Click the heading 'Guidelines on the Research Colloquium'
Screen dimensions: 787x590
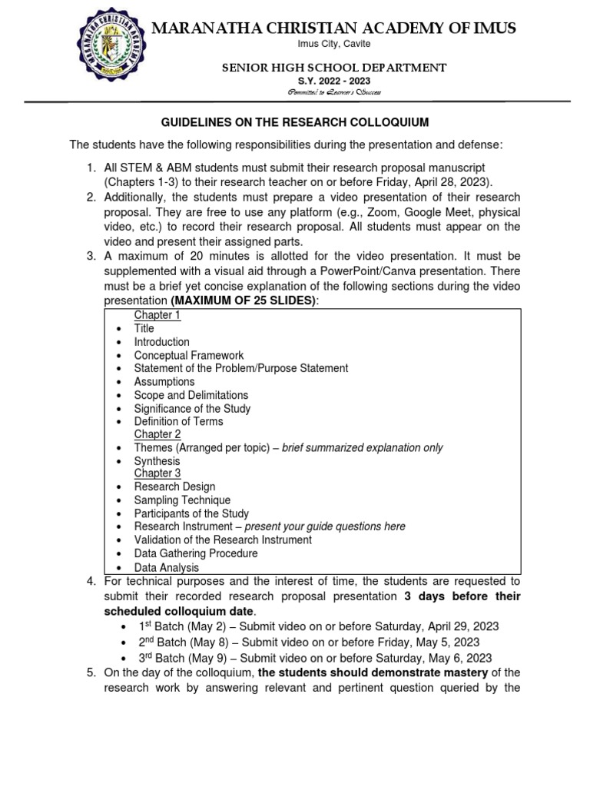[294, 122]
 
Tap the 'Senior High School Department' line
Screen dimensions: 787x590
[333, 68]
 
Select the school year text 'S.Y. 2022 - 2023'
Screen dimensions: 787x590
[333, 81]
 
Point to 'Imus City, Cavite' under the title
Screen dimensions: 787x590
[333, 45]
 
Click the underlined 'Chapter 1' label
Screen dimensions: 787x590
[157, 315]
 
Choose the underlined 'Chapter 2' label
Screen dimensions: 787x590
[157, 434]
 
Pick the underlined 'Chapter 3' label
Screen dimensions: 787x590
[157, 473]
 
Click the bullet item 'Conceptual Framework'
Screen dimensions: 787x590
[189, 355]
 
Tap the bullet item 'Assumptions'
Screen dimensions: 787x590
[164, 381]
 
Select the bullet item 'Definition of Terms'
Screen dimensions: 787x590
[178, 421]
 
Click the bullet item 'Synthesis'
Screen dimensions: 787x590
[157, 461]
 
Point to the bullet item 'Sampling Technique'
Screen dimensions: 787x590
[182, 500]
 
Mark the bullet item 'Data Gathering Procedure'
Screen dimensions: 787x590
[196, 553]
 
